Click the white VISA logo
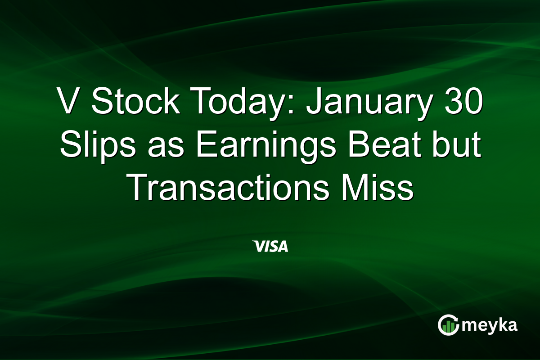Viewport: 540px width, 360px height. coord(270,246)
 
